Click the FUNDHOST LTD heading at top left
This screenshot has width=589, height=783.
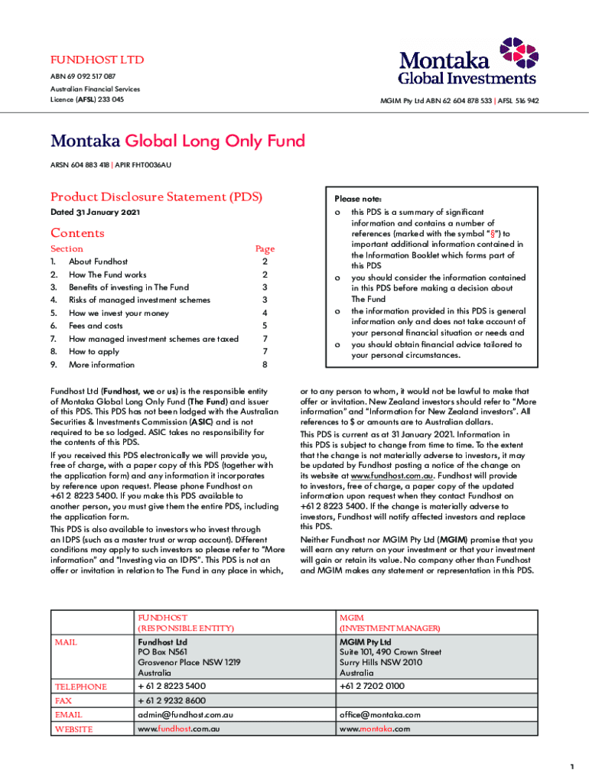(x=97, y=60)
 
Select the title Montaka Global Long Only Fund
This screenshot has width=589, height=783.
(x=177, y=141)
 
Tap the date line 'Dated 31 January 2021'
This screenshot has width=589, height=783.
(x=95, y=213)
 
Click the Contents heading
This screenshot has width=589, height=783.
(x=77, y=233)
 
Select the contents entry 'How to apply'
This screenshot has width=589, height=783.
(x=94, y=352)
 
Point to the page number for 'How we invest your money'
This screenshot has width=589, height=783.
(x=264, y=313)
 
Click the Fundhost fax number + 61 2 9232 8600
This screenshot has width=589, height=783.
(x=171, y=700)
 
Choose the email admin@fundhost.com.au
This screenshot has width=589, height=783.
(x=185, y=715)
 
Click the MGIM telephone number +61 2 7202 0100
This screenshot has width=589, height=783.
(x=373, y=687)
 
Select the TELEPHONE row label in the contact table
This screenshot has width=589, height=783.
(x=80, y=687)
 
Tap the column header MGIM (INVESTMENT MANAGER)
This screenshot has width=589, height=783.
(x=389, y=622)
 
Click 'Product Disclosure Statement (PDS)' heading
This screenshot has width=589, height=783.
(x=156, y=197)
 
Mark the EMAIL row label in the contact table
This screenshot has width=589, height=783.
(x=68, y=715)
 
